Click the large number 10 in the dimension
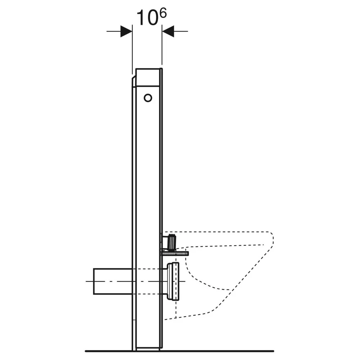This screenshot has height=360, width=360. tap(147, 18)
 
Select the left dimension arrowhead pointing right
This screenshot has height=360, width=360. tap(126, 31)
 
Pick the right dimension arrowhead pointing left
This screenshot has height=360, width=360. tap(168, 31)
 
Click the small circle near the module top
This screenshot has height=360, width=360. tap(148, 98)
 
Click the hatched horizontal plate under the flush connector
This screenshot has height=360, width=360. tap(175, 253)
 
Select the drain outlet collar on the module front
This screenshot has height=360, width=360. tap(173, 281)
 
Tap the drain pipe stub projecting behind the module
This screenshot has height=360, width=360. tap(113, 281)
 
